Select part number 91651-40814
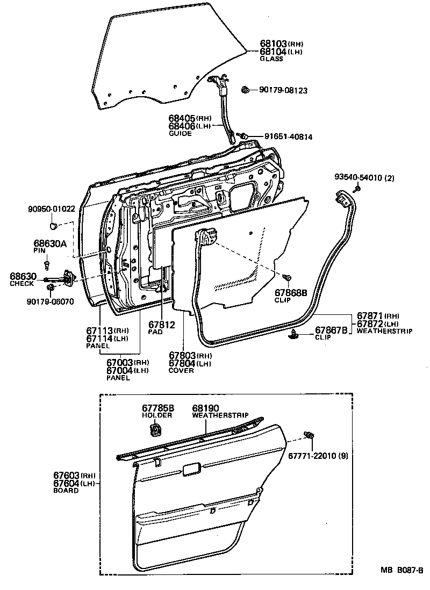pyautogui.click(x=288, y=137)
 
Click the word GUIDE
pyautogui.click(x=180, y=133)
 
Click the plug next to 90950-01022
pyautogui.click(x=53, y=224)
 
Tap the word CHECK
pyautogui.click(x=22, y=284)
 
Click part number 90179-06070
pyautogui.click(x=50, y=302)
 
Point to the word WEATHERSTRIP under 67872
pyautogui.click(x=384, y=332)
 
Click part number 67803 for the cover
pyautogui.click(x=182, y=356)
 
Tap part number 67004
pyautogui.click(x=120, y=371)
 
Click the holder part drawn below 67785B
pyautogui.click(x=155, y=430)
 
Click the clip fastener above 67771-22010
pyautogui.click(x=309, y=436)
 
